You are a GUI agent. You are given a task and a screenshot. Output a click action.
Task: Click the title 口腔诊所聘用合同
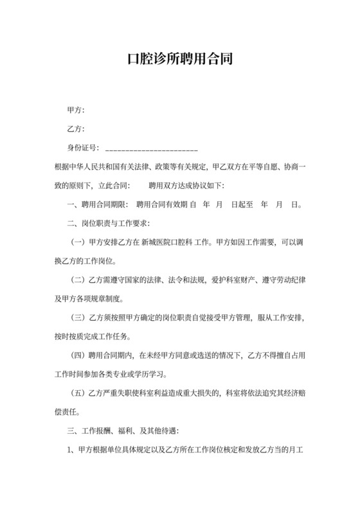[x=179, y=60]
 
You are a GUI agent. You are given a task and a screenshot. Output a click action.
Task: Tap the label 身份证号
[x=82, y=148]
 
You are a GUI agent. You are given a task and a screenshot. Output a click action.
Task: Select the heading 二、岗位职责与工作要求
[x=109, y=224]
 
